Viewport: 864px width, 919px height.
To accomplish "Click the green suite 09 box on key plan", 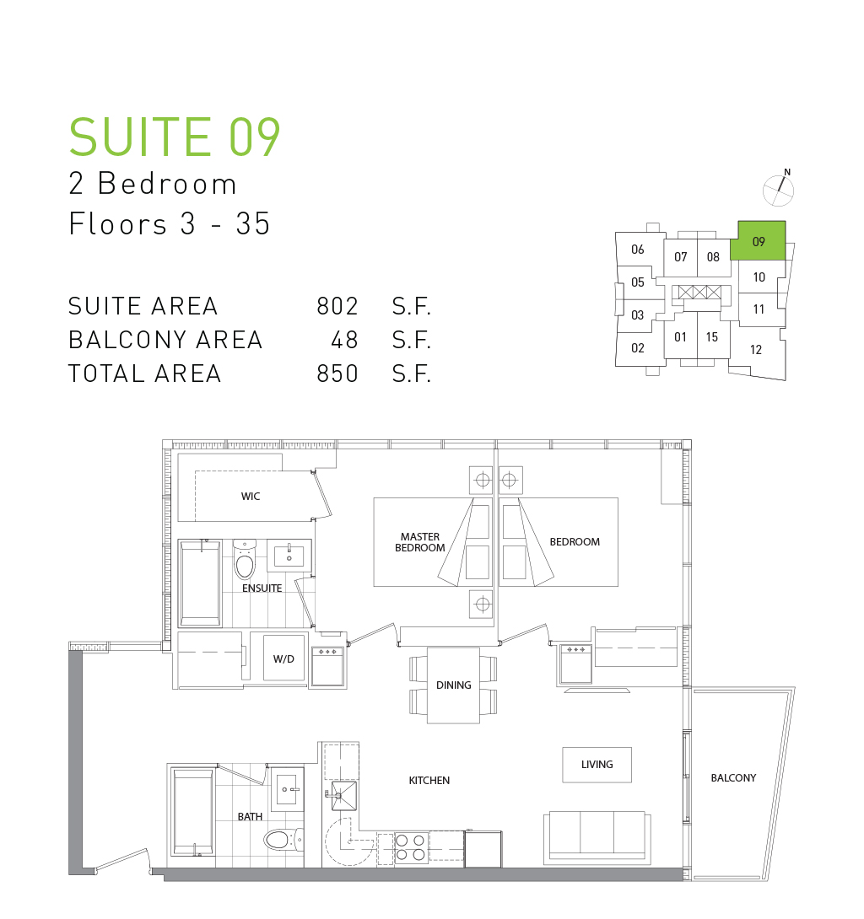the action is click(758, 240).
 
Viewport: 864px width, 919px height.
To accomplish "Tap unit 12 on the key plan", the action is click(755, 350).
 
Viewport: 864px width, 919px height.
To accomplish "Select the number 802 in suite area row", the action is click(337, 306).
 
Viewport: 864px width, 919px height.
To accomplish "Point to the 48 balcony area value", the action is click(344, 340).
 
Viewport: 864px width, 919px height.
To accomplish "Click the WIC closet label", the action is click(251, 497).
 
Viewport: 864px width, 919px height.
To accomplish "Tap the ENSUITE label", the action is click(262, 588).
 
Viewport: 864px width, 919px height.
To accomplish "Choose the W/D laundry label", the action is click(283, 658).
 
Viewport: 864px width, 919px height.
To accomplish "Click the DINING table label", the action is click(453, 685).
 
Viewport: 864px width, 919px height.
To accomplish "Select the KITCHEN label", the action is click(429, 780).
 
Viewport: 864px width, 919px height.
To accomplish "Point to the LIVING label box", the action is click(597, 765).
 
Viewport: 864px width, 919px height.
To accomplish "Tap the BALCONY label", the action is click(733, 777).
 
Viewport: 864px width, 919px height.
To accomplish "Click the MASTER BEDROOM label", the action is click(420, 542).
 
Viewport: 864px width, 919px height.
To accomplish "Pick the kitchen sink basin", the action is click(344, 796).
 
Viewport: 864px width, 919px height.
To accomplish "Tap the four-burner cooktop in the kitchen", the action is click(410, 847).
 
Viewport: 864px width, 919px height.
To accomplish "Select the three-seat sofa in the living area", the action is click(597, 837).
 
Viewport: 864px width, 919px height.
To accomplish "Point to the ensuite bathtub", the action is click(201, 583).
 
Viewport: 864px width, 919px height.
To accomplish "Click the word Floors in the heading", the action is click(118, 223).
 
